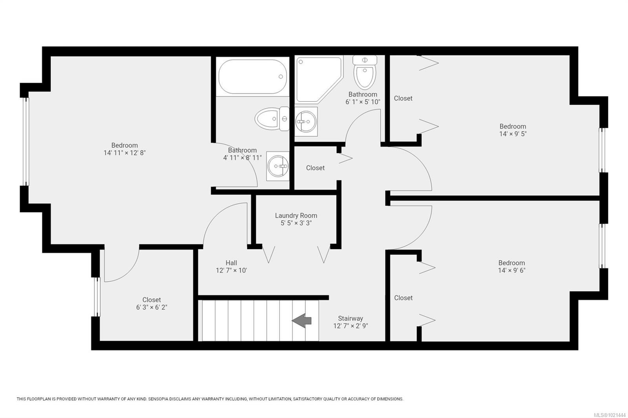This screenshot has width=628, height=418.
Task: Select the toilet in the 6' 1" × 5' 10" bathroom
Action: tap(365, 73)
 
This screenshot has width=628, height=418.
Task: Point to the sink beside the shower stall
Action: tap(305, 122)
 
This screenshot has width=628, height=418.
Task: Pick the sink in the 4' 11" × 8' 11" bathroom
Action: tap(278, 166)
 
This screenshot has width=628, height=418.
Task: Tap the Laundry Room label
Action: tap(296, 216)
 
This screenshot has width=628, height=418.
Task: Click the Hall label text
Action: tap(231, 263)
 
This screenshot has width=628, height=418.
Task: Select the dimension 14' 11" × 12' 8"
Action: tap(124, 153)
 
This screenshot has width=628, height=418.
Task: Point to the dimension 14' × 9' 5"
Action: tap(513, 134)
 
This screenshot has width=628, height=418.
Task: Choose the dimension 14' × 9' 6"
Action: tap(511, 270)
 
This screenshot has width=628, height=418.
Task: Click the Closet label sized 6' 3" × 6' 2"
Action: tap(152, 300)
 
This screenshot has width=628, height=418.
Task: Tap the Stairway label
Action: tap(351, 318)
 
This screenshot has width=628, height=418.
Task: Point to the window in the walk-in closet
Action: tap(97, 296)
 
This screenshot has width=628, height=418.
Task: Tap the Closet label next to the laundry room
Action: tap(315, 168)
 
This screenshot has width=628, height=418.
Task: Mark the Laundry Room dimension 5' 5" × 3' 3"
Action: tap(296, 223)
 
